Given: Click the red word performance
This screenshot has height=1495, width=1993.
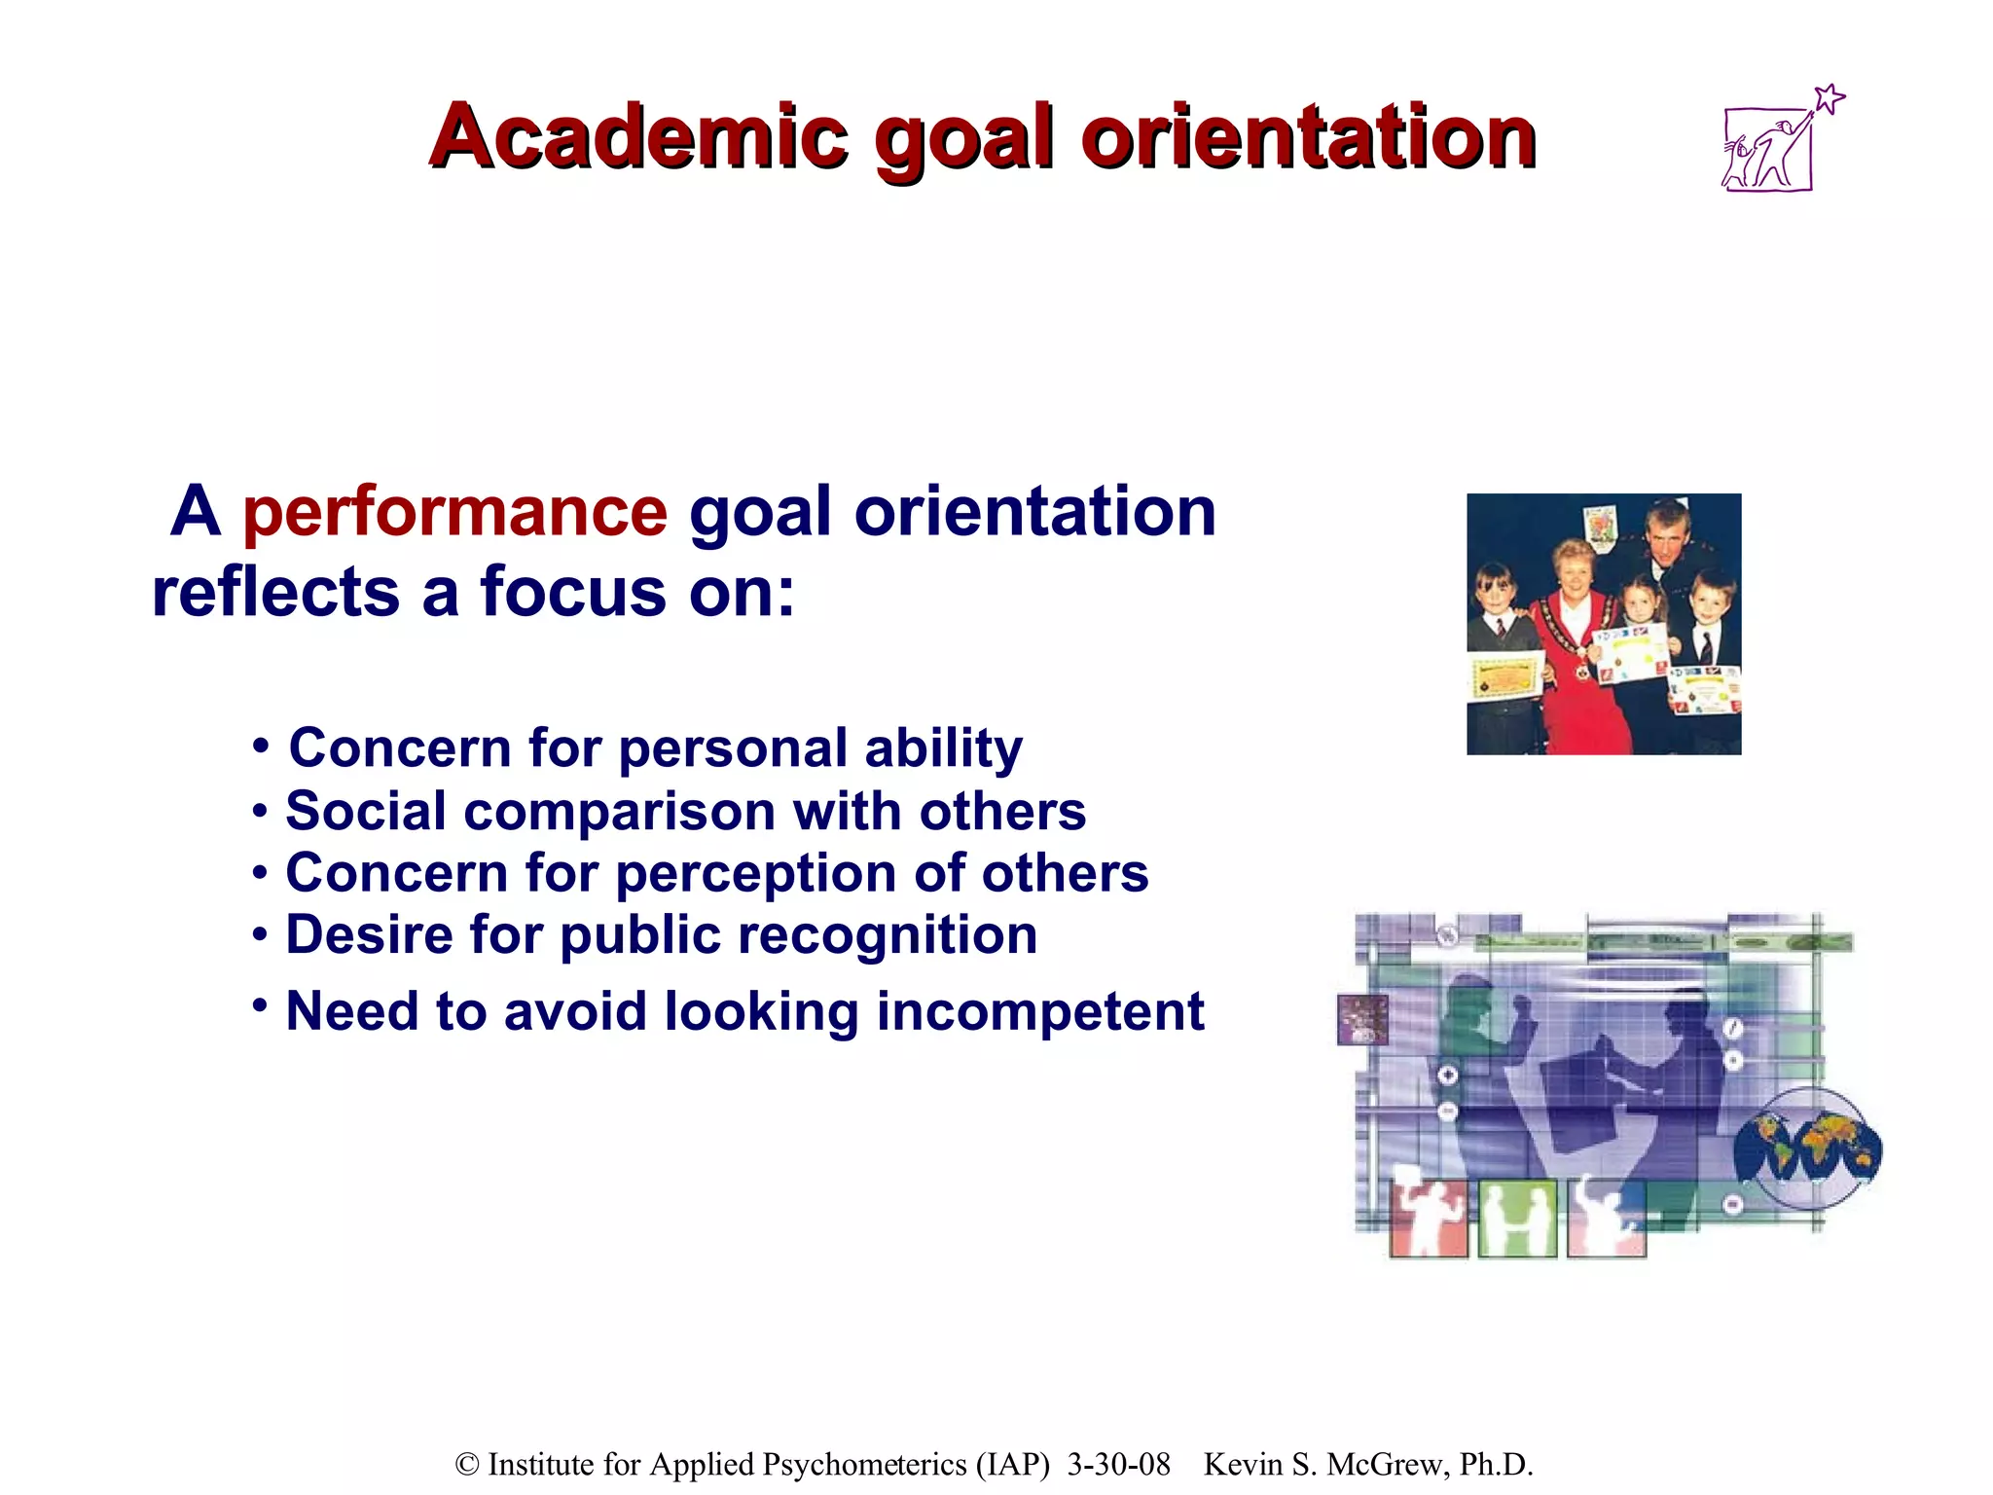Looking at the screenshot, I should point(454,512).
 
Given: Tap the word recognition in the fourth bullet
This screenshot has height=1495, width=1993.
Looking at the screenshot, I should point(887,934).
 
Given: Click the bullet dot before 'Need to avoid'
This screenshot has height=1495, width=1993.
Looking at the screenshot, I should point(259,1003).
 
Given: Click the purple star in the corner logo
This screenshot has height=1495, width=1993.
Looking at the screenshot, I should point(1830,98).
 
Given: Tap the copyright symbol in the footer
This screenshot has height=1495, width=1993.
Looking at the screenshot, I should point(467,1465).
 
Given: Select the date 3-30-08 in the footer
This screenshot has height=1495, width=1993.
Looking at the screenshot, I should point(1118,1465).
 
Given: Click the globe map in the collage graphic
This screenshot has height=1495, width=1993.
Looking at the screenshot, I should point(1807,1149).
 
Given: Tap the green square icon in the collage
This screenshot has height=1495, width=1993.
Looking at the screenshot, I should point(1517,1219).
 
